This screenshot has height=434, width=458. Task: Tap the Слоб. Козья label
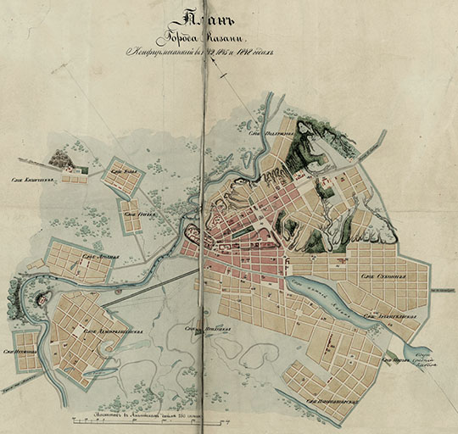(x=123, y=171)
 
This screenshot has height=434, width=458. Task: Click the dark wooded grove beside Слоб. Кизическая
(x=60, y=158)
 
